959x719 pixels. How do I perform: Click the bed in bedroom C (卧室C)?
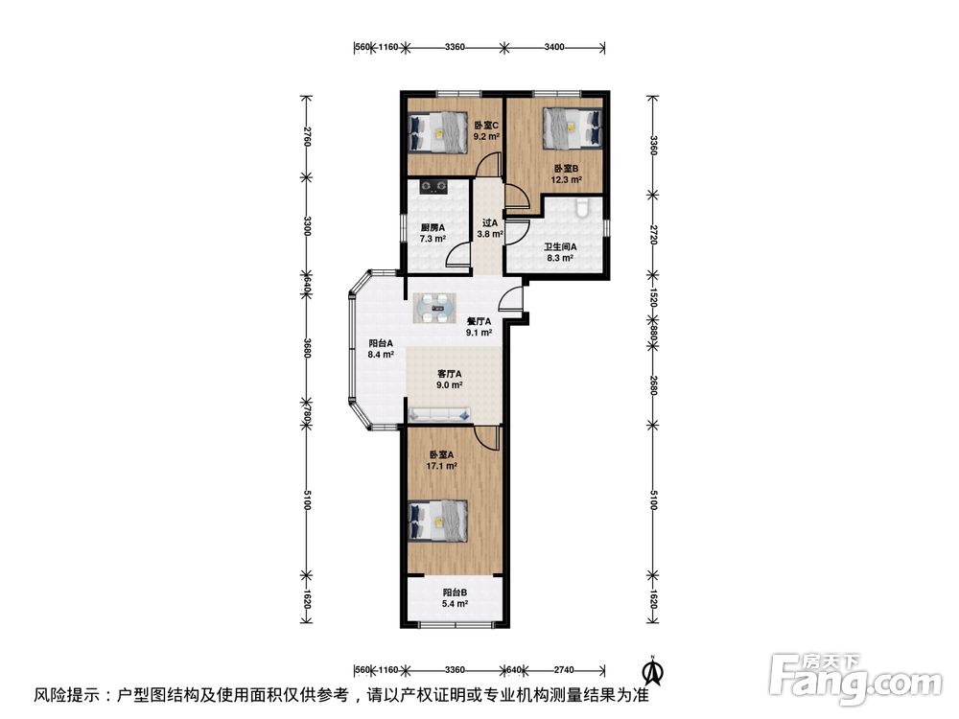[x=438, y=132]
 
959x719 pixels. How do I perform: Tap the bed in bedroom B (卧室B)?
[x=573, y=128]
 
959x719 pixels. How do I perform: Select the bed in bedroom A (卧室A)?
[x=438, y=521]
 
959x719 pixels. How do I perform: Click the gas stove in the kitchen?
[x=433, y=186]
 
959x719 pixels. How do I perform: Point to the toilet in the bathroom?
[x=582, y=208]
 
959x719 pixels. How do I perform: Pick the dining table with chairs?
[x=434, y=308]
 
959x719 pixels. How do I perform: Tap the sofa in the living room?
[x=440, y=414]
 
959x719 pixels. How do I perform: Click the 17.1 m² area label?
[x=441, y=466]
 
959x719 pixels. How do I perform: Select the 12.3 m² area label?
[x=567, y=180]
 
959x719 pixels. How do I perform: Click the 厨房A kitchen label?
[x=433, y=227]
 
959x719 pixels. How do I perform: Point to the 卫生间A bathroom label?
[x=560, y=247]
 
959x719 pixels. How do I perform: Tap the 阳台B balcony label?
[x=455, y=592]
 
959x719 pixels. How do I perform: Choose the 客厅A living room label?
[x=450, y=374]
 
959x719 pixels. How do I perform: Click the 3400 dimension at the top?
[x=554, y=47]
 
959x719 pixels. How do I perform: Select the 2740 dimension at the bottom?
[x=564, y=670]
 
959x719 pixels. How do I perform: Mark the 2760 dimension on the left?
[x=308, y=137]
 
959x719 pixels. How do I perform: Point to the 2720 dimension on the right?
[x=653, y=235]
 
